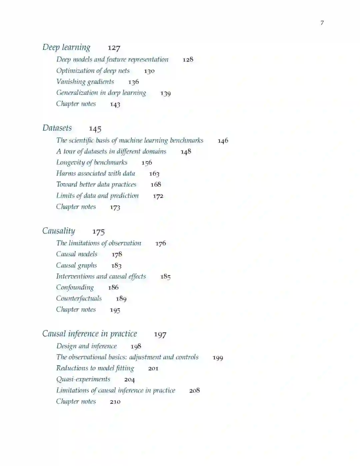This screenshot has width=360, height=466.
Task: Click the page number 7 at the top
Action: [322, 23]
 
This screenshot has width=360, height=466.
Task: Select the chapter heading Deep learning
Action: [66, 47]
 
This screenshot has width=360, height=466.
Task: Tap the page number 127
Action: [114, 48]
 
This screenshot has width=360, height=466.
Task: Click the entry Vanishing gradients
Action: [85, 82]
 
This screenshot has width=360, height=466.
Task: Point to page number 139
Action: [166, 93]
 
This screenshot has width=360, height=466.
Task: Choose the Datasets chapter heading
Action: [57, 128]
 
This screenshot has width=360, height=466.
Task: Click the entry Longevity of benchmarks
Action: [92, 162]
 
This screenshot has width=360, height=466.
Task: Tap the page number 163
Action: [154, 174]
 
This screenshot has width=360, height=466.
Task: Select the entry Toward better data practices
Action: [96, 184]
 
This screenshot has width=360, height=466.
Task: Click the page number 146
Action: [223, 141]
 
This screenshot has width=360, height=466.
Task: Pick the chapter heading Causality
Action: [59, 231]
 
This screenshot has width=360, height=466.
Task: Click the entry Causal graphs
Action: [76, 266]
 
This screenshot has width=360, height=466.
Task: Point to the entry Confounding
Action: [75, 288]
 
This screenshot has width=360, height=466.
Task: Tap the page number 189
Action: [121, 299]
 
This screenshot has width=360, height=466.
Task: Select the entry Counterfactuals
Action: [79, 299]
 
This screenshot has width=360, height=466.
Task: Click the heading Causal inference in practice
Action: [90, 334]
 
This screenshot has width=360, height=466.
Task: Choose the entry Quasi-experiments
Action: [83, 379]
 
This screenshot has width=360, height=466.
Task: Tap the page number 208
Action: [195, 391]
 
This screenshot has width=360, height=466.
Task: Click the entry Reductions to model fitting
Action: [95, 368]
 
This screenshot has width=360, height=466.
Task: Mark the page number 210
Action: [115, 402]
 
